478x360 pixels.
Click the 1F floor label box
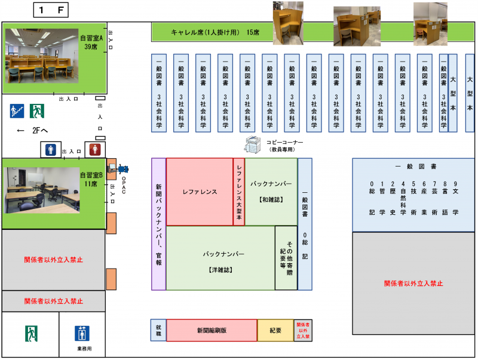[x=51, y=10]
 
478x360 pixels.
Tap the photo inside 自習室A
[x=42, y=56]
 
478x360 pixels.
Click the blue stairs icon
[x=17, y=111]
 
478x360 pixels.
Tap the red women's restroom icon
[x=93, y=149]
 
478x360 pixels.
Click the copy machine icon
[x=253, y=144]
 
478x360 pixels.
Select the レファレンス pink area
[x=199, y=192]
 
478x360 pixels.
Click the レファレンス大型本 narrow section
[x=239, y=192]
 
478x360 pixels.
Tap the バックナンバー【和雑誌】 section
[x=271, y=192]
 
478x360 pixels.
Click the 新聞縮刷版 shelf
[x=211, y=330]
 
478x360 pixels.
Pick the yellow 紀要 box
[x=275, y=330]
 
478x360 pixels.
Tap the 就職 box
[x=158, y=330]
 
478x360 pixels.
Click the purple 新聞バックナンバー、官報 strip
[x=158, y=224]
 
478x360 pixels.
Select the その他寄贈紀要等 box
[x=286, y=257]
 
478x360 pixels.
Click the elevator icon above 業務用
[x=82, y=333]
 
